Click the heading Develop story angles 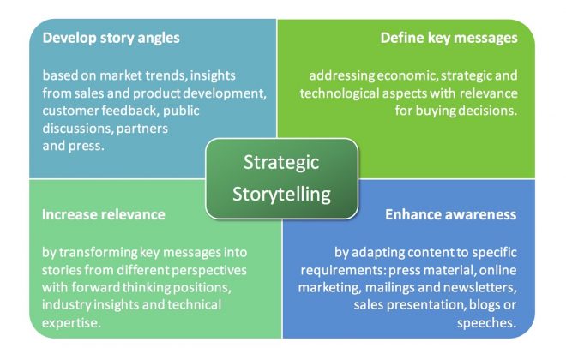point(111,39)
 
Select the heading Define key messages point(449,39)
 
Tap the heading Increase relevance point(104,214)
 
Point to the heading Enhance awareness point(451,214)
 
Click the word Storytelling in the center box point(281,195)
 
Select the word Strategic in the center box point(281,163)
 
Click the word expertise point(71,323)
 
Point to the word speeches point(486,323)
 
